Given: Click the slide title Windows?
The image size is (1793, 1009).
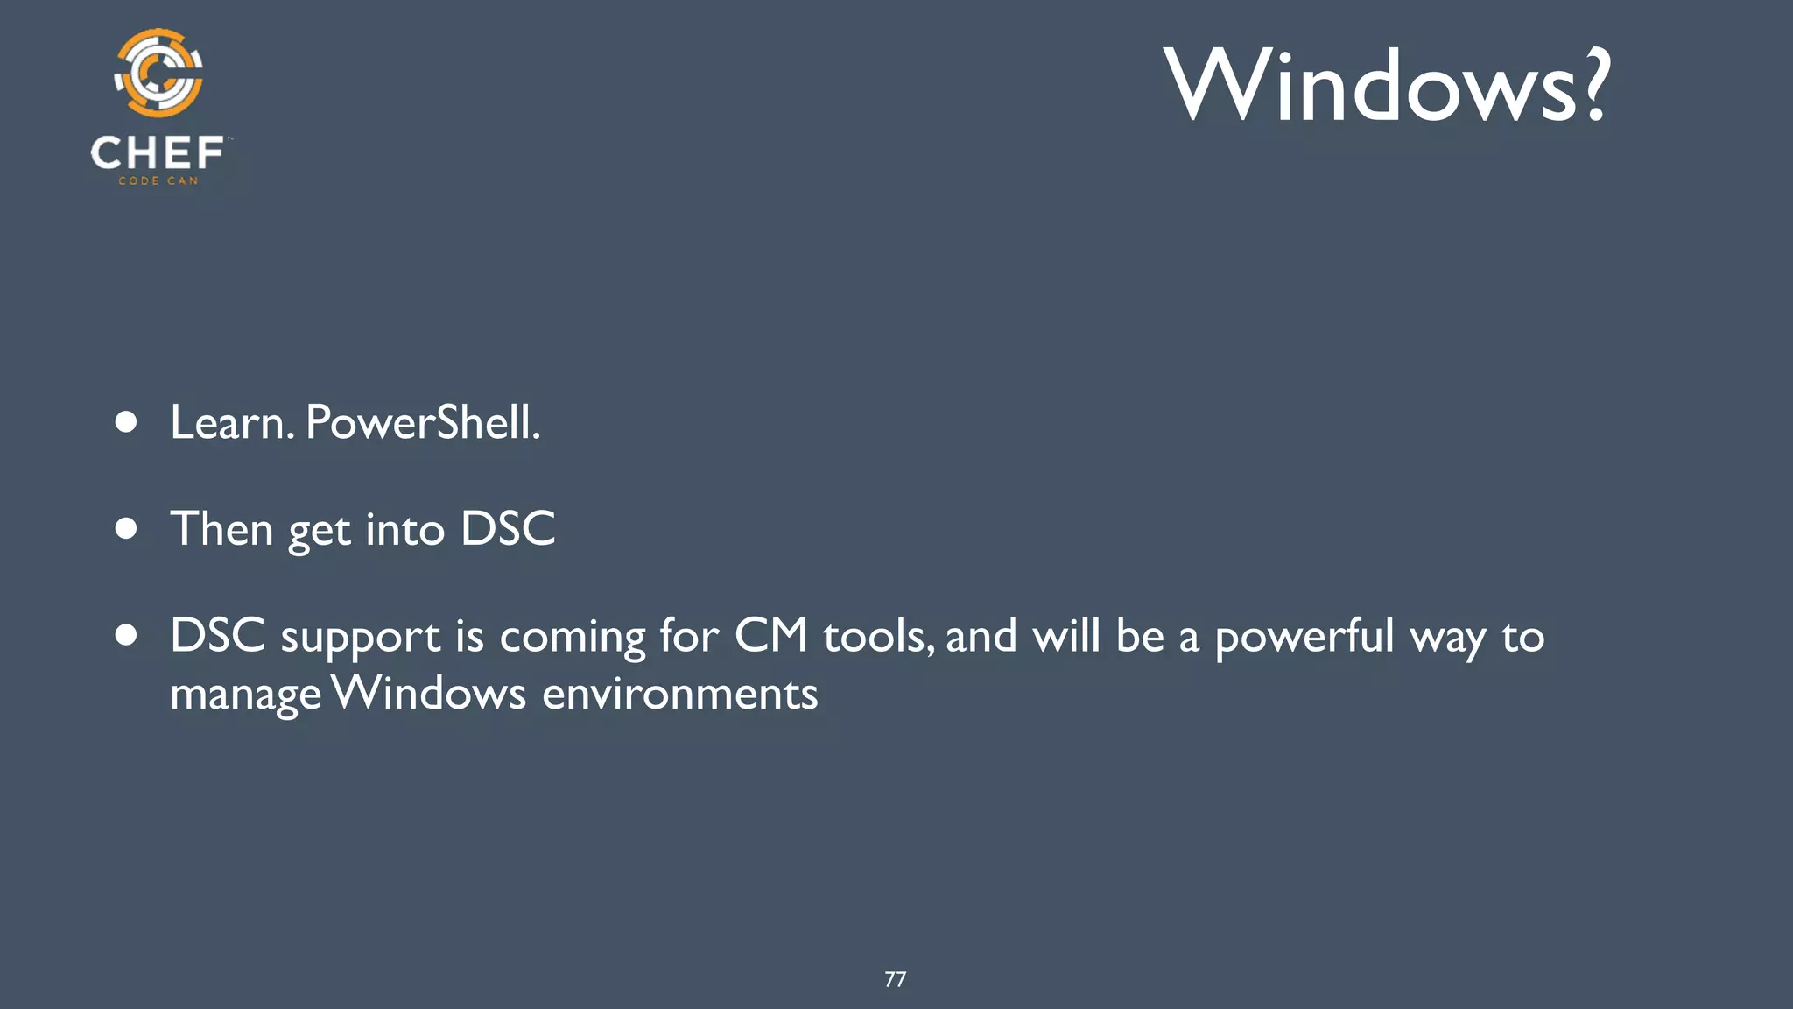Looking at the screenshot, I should [x=1387, y=86].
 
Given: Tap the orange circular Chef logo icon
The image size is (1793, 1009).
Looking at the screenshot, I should [x=158, y=74].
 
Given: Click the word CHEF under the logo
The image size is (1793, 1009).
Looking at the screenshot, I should [x=158, y=153].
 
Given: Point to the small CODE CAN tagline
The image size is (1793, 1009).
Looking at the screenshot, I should [x=158, y=181].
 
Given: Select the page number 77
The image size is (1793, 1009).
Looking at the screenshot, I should [x=895, y=979].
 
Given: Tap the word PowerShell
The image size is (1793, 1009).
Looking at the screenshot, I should [x=421, y=423].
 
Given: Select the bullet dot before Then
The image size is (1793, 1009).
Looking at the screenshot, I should [x=126, y=529].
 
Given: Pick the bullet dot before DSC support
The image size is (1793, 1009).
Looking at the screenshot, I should [x=126, y=636].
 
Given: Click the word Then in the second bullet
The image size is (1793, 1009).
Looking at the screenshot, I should [x=221, y=529].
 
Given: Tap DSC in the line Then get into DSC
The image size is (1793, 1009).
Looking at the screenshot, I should [x=508, y=529].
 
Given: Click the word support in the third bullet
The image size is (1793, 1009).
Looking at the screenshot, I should [x=360, y=638].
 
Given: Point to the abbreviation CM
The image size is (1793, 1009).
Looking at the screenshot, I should [x=770, y=636].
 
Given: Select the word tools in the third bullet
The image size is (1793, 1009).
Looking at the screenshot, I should [x=875, y=637].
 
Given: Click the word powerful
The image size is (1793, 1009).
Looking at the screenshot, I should [x=1304, y=637].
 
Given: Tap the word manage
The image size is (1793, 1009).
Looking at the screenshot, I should [x=245, y=695].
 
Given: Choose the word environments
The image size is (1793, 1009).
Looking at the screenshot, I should [x=679, y=694].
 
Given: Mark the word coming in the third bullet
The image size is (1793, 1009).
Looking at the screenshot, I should [x=572, y=638].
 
